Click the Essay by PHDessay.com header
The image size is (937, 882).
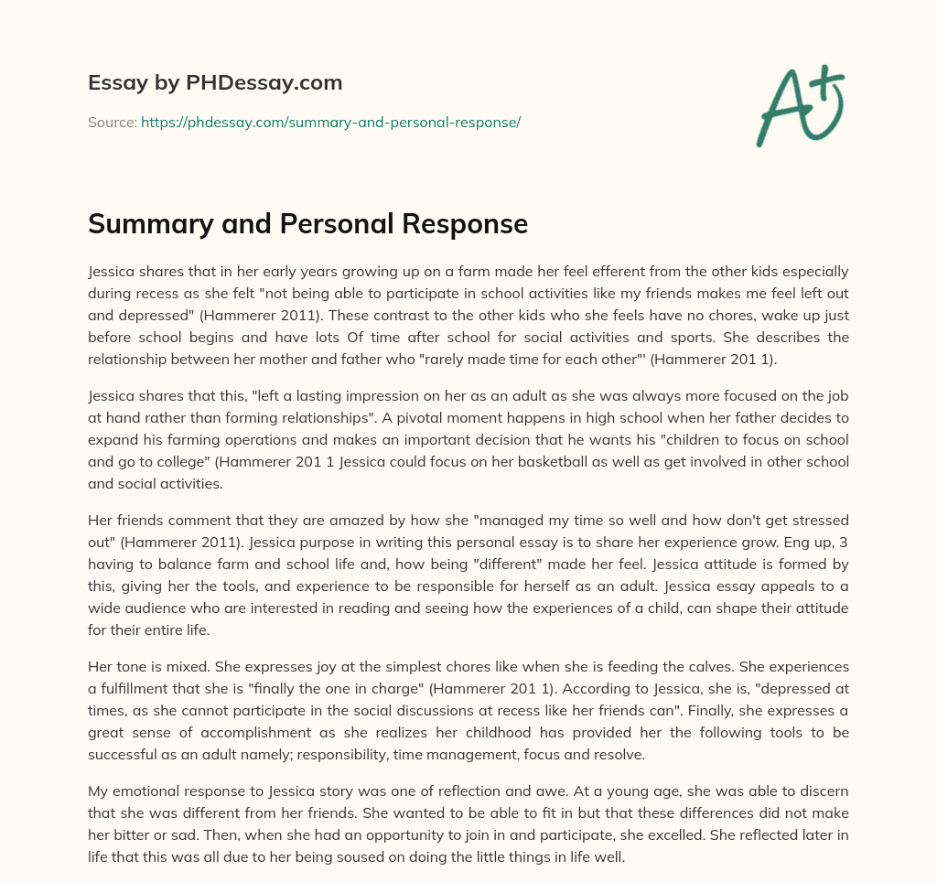[x=215, y=83]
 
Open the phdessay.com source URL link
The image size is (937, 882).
[x=330, y=122]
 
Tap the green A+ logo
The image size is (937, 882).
[x=798, y=104]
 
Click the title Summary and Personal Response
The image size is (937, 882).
[x=307, y=224]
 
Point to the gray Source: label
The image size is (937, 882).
[x=112, y=122]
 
